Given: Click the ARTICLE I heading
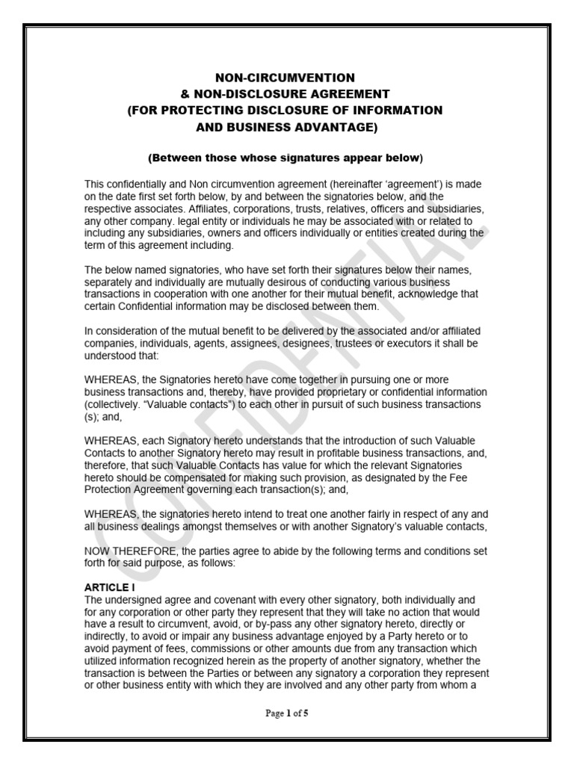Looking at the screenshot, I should coord(110,589).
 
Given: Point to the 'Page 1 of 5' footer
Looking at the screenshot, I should coord(287,713).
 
